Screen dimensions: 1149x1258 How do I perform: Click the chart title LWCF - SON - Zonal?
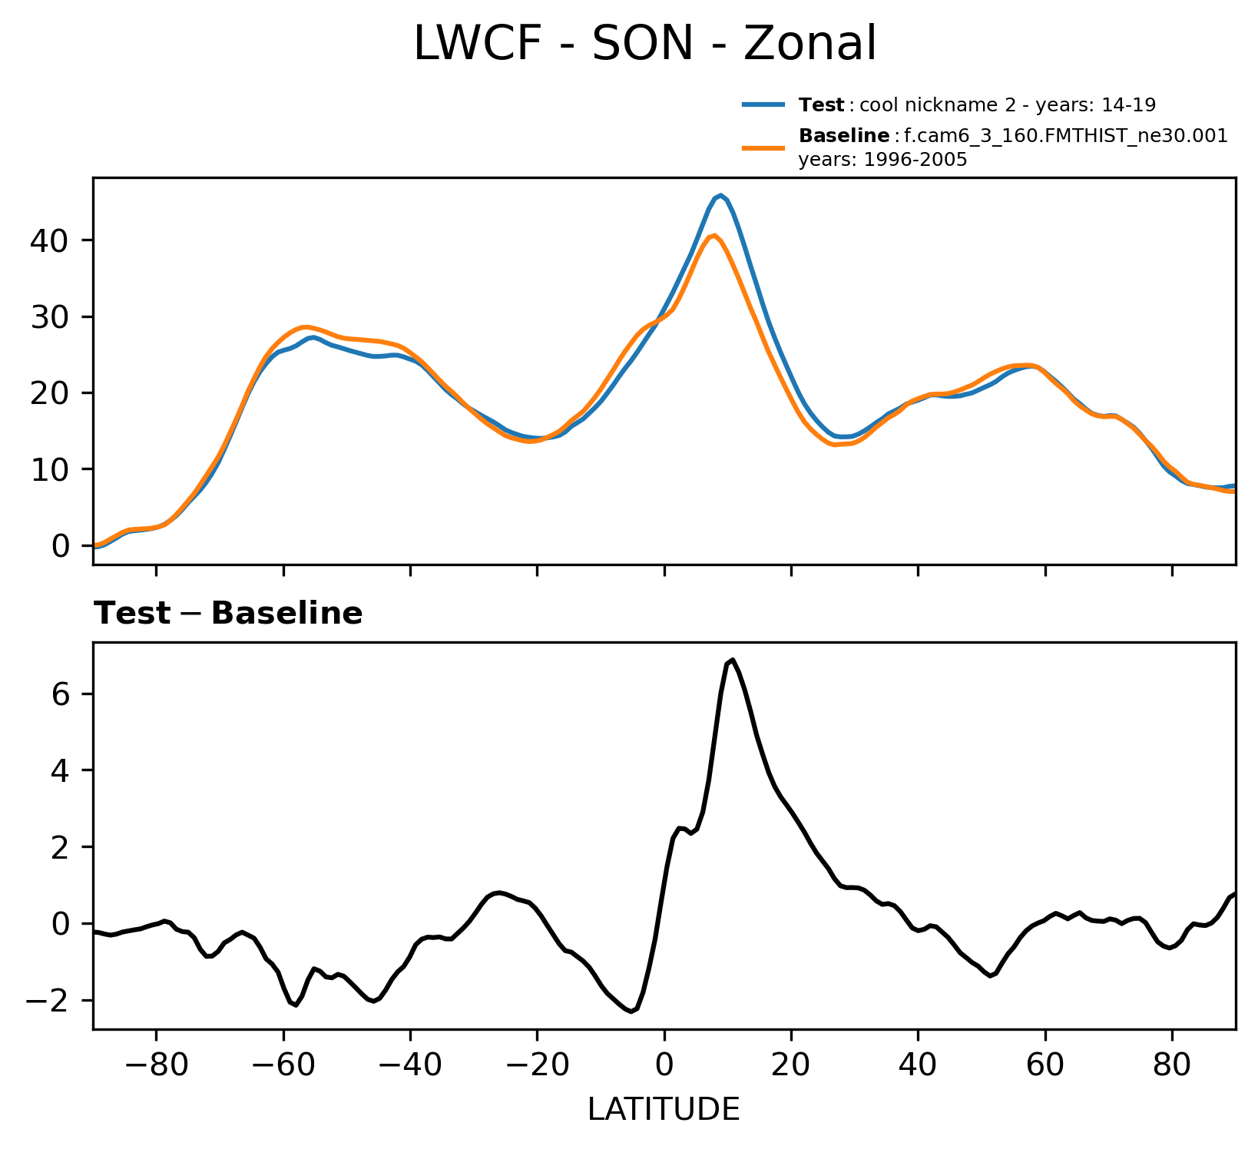coord(644,44)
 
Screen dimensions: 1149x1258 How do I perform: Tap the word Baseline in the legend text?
coord(844,137)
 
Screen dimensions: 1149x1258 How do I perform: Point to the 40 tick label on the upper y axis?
coord(49,241)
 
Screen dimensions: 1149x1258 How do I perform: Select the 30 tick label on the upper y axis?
coord(49,317)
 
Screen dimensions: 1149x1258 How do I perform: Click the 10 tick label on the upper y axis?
coord(49,469)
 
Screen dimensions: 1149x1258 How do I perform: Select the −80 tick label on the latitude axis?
coord(156,1066)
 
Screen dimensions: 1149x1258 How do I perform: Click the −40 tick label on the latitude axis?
coord(410,1066)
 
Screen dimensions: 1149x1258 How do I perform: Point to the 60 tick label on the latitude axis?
coord(1044,1066)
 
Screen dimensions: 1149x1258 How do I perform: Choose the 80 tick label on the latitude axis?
coord(1172,1066)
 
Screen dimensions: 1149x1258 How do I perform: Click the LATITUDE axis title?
coord(664,1110)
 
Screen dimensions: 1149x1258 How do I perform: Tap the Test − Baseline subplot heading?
coord(228,614)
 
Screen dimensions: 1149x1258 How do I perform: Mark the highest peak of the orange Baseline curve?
coord(714,235)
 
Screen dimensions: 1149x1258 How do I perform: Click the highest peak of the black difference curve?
coord(733,659)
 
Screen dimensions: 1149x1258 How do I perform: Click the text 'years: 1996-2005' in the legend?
coord(882,161)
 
